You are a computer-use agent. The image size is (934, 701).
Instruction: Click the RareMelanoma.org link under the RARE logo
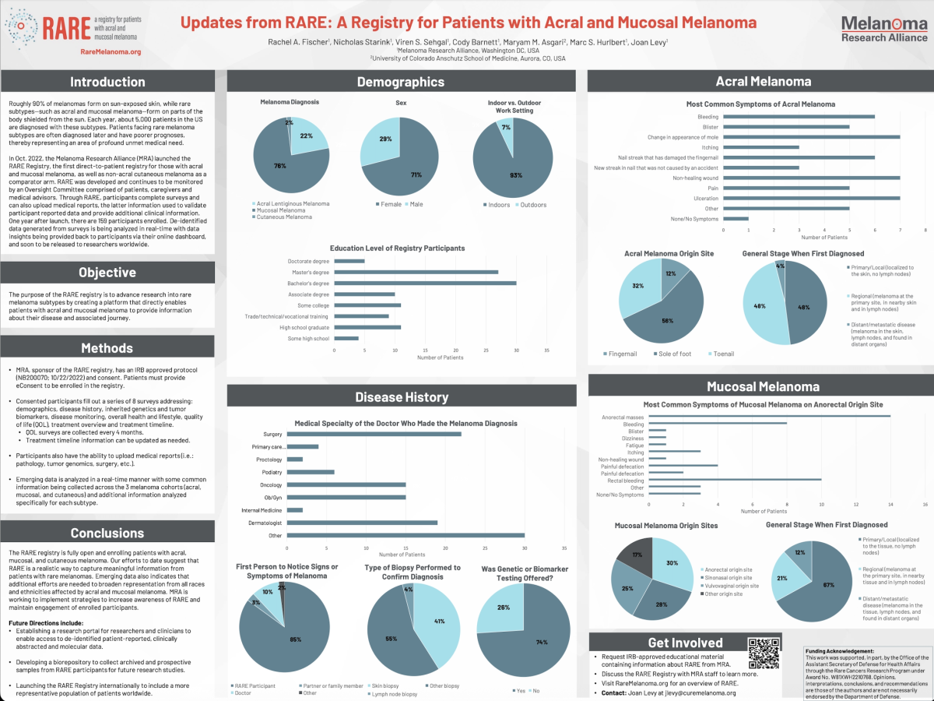[111, 51]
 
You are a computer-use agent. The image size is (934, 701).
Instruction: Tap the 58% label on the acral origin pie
[666, 320]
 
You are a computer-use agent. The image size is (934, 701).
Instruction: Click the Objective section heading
[107, 273]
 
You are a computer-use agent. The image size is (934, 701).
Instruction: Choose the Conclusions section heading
[107, 533]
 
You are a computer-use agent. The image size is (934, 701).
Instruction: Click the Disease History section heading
[402, 397]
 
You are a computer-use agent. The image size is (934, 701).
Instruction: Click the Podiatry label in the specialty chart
[271, 472]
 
